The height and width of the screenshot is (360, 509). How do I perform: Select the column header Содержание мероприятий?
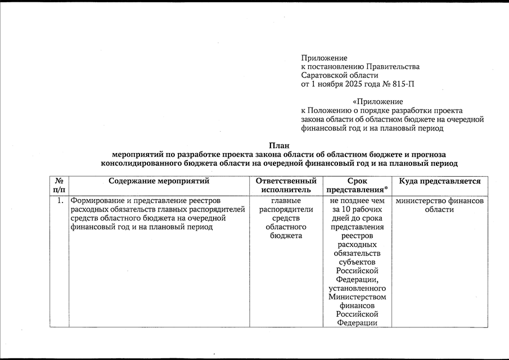click(x=159, y=181)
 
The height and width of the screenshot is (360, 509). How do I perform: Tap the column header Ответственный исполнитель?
click(x=286, y=186)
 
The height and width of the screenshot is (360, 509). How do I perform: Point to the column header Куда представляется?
click(x=440, y=181)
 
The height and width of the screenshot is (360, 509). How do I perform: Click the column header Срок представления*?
click(x=357, y=186)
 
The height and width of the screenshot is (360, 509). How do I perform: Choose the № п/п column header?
click(x=58, y=186)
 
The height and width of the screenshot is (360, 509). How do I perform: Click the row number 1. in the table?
click(x=60, y=200)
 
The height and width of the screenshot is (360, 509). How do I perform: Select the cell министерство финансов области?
click(x=440, y=205)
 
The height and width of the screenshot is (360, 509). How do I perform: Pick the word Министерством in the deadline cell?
click(x=357, y=296)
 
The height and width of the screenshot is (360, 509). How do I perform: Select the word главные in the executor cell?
click(x=286, y=200)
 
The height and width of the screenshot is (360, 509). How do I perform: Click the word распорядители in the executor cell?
click(x=286, y=209)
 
